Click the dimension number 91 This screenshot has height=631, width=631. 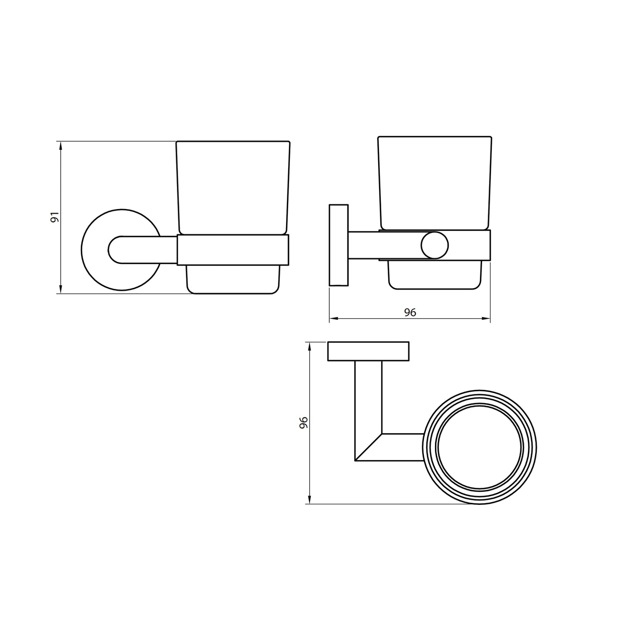[x=54, y=217]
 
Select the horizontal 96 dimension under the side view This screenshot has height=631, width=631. [x=410, y=312]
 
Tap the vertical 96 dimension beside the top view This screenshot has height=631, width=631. [x=303, y=423]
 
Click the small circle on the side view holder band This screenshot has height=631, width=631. [x=434, y=246]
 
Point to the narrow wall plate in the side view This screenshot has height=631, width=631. [x=338, y=245]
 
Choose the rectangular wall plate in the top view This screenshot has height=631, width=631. [x=368, y=352]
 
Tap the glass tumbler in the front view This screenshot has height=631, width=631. [x=233, y=188]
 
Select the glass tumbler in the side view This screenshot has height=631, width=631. [x=434, y=183]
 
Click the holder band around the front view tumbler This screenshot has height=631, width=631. [x=233, y=250]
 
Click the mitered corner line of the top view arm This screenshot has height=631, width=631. [x=369, y=447]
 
